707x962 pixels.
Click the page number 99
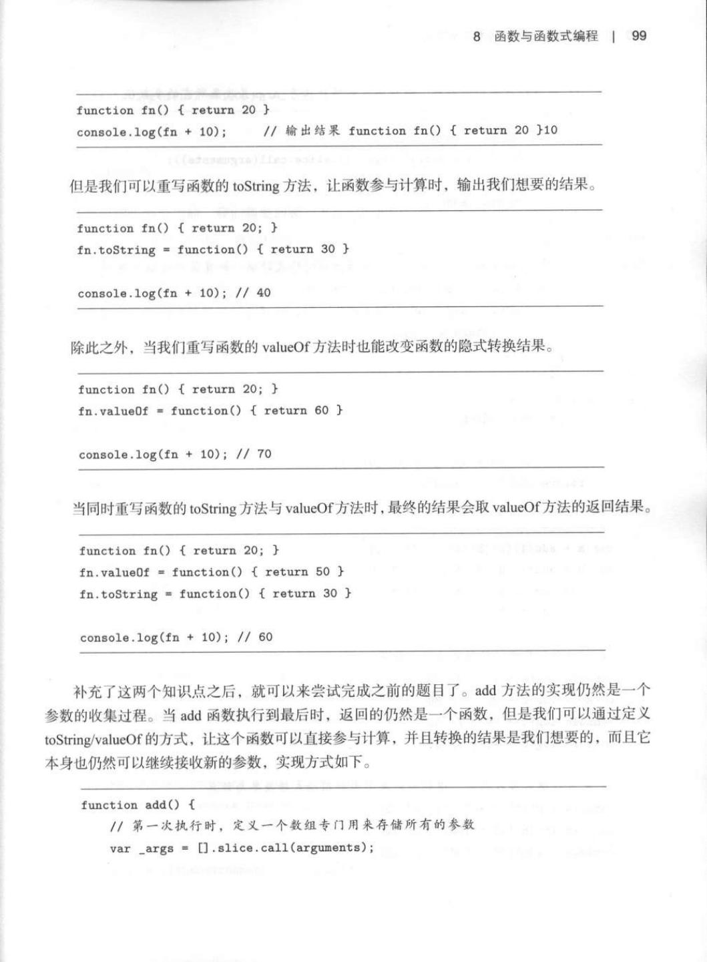pyautogui.click(x=638, y=36)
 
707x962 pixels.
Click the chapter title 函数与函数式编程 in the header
pyautogui.click(x=546, y=36)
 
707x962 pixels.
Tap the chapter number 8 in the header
pyautogui.click(x=477, y=36)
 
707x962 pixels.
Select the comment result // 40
pyautogui.click(x=254, y=292)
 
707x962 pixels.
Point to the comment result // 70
pyautogui.click(x=255, y=454)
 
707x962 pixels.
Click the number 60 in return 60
pyautogui.click(x=322, y=410)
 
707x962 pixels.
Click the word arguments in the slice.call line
pyautogui.click(x=330, y=847)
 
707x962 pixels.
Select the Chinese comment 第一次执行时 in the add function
pyautogui.click(x=176, y=826)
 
